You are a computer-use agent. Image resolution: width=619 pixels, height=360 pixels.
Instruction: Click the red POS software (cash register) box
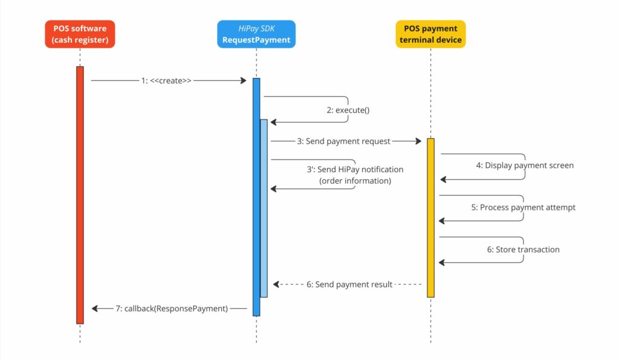(x=79, y=34)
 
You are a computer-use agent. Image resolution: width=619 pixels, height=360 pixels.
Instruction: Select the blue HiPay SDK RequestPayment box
(x=256, y=34)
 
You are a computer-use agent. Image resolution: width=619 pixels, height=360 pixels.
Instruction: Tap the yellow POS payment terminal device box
(x=430, y=34)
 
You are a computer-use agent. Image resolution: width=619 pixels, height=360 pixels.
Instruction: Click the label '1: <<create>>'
(x=166, y=80)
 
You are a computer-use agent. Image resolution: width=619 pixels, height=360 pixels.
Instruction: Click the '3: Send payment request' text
(x=343, y=141)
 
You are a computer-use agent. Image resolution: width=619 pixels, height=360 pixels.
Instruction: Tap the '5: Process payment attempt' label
(x=523, y=207)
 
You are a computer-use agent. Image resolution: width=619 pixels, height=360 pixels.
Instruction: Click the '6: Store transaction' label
(x=523, y=249)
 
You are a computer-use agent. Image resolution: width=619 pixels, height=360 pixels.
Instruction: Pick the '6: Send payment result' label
(x=349, y=284)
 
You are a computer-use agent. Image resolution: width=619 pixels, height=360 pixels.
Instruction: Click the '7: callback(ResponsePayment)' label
(x=172, y=308)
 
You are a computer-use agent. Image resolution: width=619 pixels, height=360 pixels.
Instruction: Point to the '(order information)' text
(x=355, y=181)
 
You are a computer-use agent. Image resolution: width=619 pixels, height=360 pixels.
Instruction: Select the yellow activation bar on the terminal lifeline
(x=430, y=217)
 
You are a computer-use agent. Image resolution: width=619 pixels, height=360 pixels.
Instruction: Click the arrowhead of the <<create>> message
(x=242, y=80)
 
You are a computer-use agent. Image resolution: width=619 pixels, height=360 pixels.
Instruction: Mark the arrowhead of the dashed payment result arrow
(x=276, y=284)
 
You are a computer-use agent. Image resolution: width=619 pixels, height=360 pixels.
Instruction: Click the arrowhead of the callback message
(x=95, y=308)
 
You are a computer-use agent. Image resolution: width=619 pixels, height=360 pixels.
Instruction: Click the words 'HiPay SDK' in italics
(x=256, y=28)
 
